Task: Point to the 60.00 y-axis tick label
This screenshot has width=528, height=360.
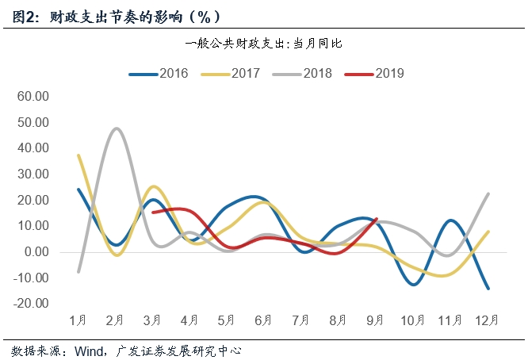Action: (34, 97)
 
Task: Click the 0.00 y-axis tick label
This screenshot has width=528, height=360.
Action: (37, 252)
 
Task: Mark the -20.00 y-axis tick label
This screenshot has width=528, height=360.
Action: (33, 304)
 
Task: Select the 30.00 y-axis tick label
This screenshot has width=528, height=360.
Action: (34, 174)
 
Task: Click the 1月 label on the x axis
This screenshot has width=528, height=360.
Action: (78, 320)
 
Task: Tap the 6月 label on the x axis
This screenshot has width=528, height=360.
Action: (263, 320)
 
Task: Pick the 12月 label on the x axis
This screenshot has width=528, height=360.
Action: (486, 320)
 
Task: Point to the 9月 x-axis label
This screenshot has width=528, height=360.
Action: (375, 320)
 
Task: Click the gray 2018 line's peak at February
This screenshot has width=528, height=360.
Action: (117, 128)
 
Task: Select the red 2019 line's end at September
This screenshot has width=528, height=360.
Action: (376, 220)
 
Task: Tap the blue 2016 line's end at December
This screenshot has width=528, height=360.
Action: (487, 289)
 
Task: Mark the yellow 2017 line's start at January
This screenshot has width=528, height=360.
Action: (78, 155)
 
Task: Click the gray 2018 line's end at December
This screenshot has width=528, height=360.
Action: (487, 193)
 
